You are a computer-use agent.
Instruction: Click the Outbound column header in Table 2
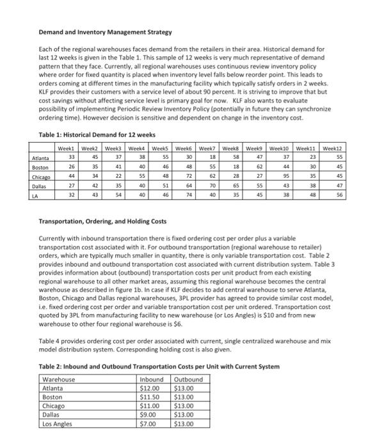188,379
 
